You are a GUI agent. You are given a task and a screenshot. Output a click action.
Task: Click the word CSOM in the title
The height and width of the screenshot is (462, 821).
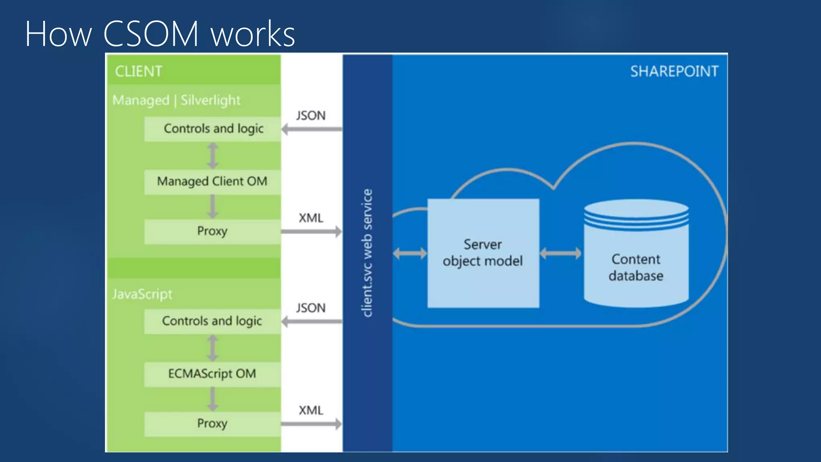click(151, 34)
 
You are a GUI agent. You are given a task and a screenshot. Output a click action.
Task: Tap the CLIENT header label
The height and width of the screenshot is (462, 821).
click(138, 71)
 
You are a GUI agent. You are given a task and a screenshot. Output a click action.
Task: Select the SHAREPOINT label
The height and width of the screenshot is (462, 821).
click(674, 71)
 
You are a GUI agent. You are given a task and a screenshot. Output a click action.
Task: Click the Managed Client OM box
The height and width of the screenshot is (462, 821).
click(212, 182)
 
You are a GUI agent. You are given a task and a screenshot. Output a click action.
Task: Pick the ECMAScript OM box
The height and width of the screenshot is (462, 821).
click(212, 374)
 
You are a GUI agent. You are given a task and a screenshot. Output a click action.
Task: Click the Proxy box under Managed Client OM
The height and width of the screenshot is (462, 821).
click(212, 231)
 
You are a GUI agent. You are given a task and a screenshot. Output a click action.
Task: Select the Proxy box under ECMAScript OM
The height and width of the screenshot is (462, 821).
click(212, 424)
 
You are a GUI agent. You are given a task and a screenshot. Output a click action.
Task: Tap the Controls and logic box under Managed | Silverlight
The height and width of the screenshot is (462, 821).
click(213, 129)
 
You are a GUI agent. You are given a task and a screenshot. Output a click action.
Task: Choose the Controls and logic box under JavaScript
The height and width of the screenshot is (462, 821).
click(212, 321)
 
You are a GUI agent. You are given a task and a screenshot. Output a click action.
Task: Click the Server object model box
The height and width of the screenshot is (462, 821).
click(483, 253)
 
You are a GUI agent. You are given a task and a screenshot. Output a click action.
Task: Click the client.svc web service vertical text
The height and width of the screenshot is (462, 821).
click(367, 253)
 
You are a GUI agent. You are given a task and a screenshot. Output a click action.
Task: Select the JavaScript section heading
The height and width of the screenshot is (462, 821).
click(142, 294)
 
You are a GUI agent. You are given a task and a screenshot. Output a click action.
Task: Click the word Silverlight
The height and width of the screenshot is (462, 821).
click(210, 100)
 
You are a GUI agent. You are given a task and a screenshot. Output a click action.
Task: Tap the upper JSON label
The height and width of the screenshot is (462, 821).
click(311, 115)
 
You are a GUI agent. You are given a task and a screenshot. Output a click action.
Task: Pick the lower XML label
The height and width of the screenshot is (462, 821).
click(311, 410)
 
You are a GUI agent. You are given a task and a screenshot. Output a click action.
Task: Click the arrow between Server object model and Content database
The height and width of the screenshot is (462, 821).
click(560, 253)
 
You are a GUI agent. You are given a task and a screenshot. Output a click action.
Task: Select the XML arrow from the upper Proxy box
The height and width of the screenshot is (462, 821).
click(311, 231)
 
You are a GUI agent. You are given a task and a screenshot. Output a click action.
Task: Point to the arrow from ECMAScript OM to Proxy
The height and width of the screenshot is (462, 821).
click(212, 399)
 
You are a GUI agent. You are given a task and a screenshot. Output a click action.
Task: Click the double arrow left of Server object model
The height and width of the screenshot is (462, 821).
click(410, 253)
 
